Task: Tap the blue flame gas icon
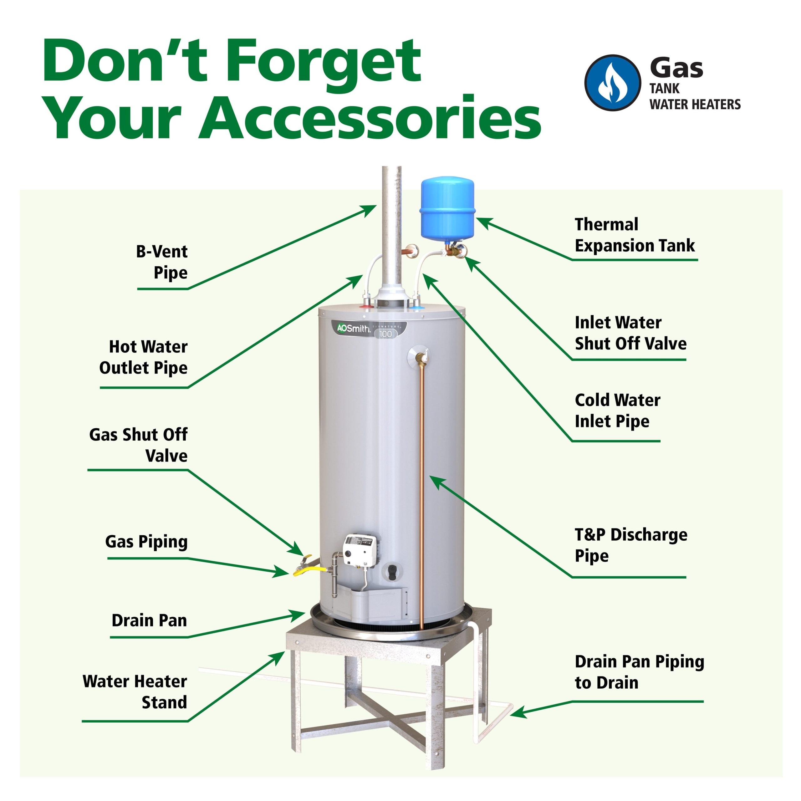click(x=612, y=83)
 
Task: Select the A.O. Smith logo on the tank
click(x=353, y=329)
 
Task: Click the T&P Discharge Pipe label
click(x=630, y=545)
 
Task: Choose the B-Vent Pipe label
click(x=162, y=262)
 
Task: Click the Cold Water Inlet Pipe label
click(x=617, y=411)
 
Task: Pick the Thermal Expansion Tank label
click(x=634, y=235)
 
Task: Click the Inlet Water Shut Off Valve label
click(x=630, y=333)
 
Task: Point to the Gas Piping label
click(x=146, y=542)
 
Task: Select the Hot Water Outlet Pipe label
click(x=143, y=357)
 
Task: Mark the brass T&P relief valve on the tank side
click(x=422, y=357)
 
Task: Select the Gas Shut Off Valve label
click(x=139, y=445)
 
